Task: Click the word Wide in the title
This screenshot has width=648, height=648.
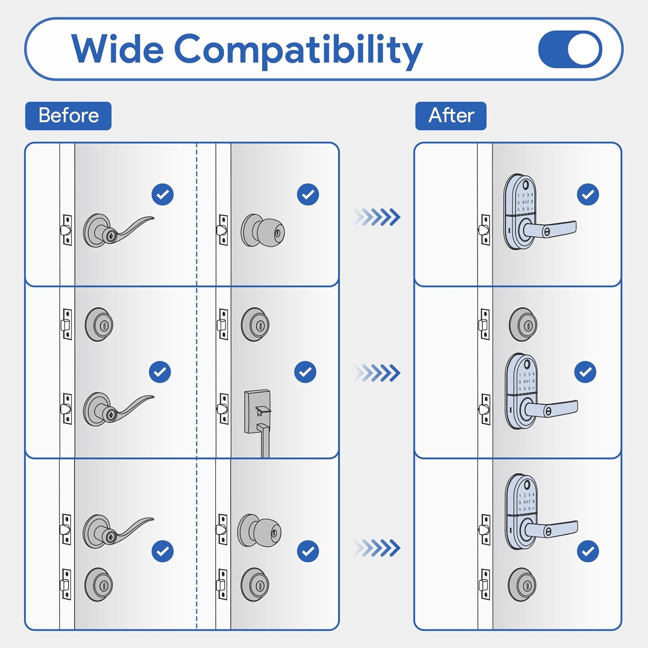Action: [118, 49]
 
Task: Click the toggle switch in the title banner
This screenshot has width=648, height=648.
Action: [570, 49]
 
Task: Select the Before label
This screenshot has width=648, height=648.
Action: [68, 116]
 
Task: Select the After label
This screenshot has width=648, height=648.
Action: [451, 116]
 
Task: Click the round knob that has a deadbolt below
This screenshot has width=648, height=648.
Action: [260, 530]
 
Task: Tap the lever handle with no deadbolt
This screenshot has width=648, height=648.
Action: [117, 230]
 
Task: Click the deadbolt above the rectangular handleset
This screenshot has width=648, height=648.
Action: [255, 325]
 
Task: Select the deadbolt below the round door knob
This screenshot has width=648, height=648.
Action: [255, 584]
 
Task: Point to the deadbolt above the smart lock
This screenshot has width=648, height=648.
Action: [523, 325]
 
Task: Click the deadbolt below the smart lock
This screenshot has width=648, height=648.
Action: [522, 584]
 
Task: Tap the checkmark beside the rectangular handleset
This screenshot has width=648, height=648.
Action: [305, 372]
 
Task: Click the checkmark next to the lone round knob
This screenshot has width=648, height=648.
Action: [308, 194]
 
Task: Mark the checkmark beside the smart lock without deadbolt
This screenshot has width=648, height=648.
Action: [588, 194]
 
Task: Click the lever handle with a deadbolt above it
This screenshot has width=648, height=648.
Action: [117, 408]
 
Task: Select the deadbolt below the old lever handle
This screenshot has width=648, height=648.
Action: [99, 584]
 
